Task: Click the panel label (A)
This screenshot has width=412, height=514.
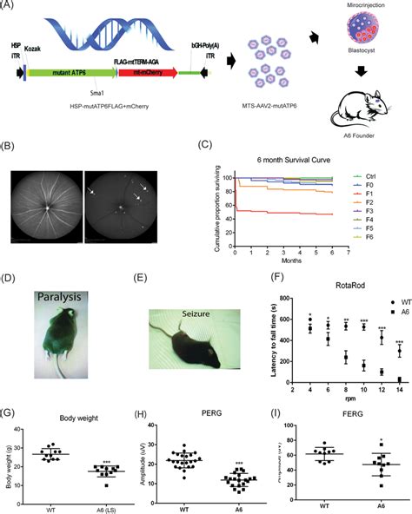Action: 12,8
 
